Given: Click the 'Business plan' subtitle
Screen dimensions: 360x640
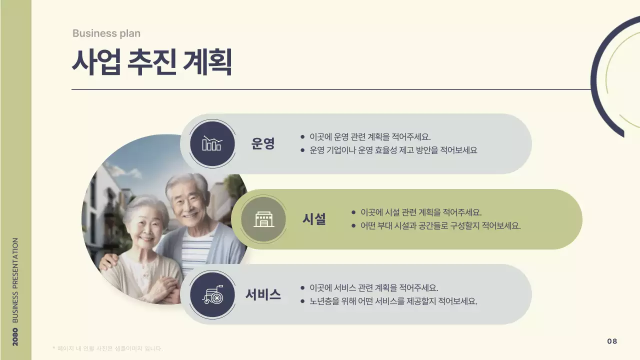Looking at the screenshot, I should click(x=106, y=33).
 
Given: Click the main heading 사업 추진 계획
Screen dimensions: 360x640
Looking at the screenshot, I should click(x=151, y=62).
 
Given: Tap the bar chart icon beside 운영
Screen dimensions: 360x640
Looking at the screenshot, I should click(x=212, y=143).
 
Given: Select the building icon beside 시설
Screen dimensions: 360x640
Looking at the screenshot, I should click(x=263, y=219).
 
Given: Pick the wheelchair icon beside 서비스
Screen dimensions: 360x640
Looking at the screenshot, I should click(x=212, y=294).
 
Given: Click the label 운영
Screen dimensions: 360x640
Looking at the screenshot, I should click(x=263, y=144).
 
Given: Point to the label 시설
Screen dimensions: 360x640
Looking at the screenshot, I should click(x=314, y=219).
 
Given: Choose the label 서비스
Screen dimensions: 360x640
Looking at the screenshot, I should click(x=263, y=294).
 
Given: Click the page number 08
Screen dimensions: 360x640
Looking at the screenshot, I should click(x=612, y=341).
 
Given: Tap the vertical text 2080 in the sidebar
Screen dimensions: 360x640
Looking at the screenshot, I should click(x=15, y=336).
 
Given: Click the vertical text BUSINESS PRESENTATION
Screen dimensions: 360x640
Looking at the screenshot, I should click(x=15, y=280).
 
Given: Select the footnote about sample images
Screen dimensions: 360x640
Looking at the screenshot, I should click(x=107, y=348).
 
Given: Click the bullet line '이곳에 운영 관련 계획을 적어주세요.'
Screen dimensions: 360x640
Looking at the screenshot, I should click(x=370, y=136).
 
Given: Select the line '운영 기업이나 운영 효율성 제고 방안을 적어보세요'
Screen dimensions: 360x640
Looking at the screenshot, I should click(x=393, y=150).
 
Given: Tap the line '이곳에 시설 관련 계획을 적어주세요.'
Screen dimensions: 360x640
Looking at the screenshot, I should click(x=421, y=212).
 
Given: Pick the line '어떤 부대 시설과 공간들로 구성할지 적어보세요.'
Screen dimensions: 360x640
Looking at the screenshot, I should click(x=440, y=225).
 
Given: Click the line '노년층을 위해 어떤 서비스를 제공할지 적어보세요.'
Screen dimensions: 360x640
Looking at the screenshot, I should click(x=393, y=301).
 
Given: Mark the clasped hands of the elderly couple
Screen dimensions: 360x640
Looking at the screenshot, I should click(x=160, y=290).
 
